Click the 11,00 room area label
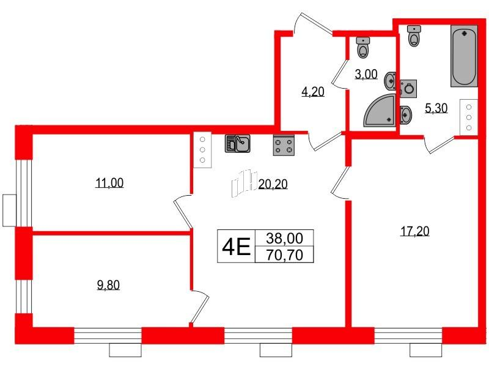coord(110,182)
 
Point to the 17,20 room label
coord(416,231)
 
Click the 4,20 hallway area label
coord(312,92)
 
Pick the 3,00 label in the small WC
coord(366,75)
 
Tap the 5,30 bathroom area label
coord(435,109)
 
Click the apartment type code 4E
coord(236,247)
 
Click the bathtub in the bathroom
coord(464,57)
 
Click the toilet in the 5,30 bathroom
coord(415,35)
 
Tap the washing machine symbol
coord(408,88)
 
